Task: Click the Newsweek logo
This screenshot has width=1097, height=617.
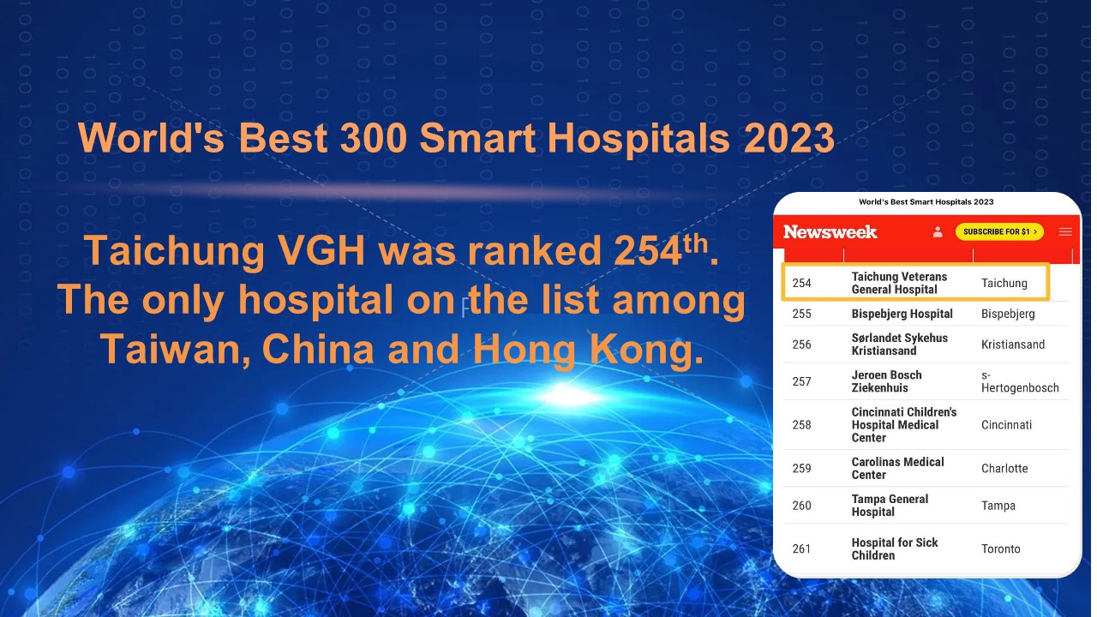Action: [x=830, y=231]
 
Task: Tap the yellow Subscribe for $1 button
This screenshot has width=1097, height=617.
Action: [x=999, y=231]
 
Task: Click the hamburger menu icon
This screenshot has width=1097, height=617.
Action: [x=1065, y=231]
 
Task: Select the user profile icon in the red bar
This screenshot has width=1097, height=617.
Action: [x=938, y=231]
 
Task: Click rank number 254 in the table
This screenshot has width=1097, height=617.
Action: [x=801, y=283]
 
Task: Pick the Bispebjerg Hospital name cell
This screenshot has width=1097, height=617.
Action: [x=902, y=314]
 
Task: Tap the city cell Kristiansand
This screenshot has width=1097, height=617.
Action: [x=1013, y=344]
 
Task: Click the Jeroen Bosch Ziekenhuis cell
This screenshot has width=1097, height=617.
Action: [x=886, y=381]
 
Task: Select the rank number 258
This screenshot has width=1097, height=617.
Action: [x=801, y=424]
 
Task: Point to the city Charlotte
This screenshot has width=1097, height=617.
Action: [x=1004, y=469]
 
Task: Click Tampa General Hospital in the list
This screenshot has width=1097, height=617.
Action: [x=890, y=506]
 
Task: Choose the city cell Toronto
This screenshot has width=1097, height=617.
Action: [x=1000, y=549]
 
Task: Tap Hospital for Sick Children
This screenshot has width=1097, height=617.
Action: [x=894, y=549]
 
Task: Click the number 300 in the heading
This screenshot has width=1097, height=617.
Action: [x=373, y=138]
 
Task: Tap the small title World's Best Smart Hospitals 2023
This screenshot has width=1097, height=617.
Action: [x=926, y=201]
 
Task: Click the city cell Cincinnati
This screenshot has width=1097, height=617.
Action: [x=1006, y=425]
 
